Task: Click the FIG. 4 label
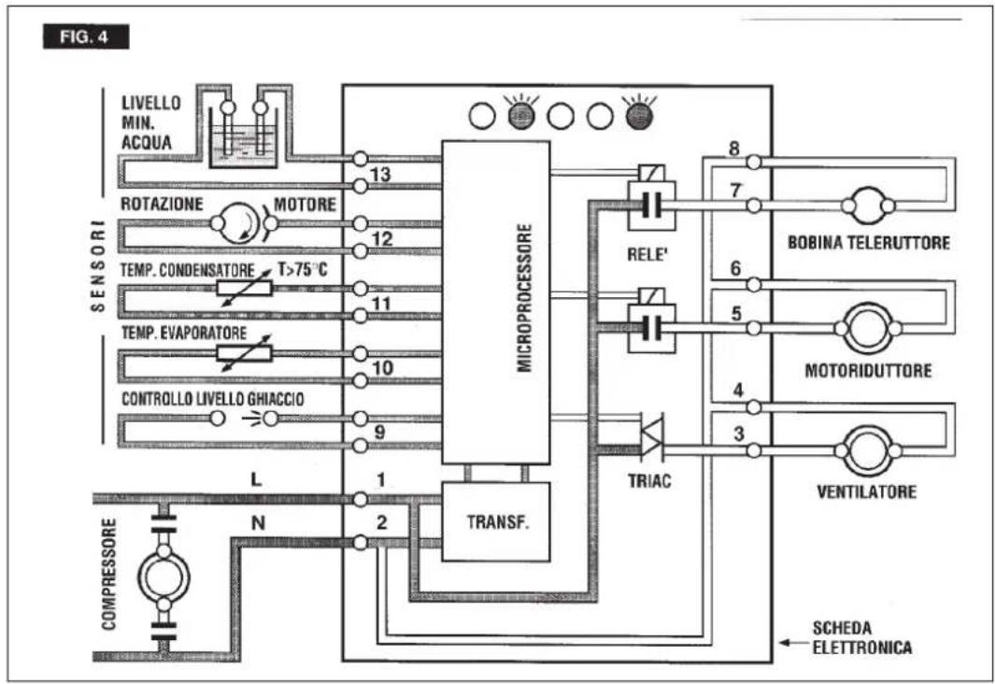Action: tap(86, 36)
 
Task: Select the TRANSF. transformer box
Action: tap(495, 521)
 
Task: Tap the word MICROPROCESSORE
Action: tap(524, 297)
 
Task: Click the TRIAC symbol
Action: tap(652, 436)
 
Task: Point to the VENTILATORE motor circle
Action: tap(867, 450)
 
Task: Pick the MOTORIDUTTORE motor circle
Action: tap(867, 328)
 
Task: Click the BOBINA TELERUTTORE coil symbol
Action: tap(867, 206)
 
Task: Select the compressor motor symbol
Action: tap(163, 577)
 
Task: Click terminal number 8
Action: tap(734, 149)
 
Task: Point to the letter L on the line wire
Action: tap(256, 479)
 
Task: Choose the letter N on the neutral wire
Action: tap(258, 523)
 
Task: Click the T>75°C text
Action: tap(303, 270)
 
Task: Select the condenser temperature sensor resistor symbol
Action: tap(244, 289)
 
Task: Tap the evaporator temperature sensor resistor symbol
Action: tap(244, 353)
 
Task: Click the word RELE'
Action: tap(647, 254)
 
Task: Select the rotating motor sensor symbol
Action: tap(243, 222)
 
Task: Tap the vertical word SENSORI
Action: tap(98, 266)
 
